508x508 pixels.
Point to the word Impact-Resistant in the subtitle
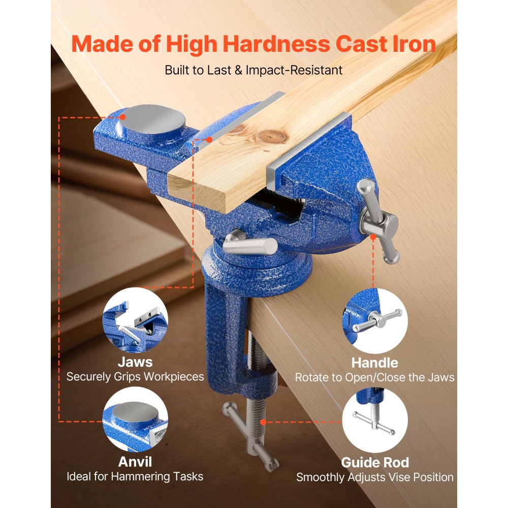(x=294, y=70)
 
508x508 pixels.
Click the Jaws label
(x=135, y=362)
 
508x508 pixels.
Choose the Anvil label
(x=135, y=462)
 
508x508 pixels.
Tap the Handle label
(x=374, y=363)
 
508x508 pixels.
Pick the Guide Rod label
(x=374, y=462)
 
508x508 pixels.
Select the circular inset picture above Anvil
(x=135, y=420)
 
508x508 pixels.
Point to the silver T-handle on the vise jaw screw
(x=378, y=221)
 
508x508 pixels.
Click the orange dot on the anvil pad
(x=122, y=116)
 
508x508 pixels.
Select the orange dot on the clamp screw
(x=263, y=422)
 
